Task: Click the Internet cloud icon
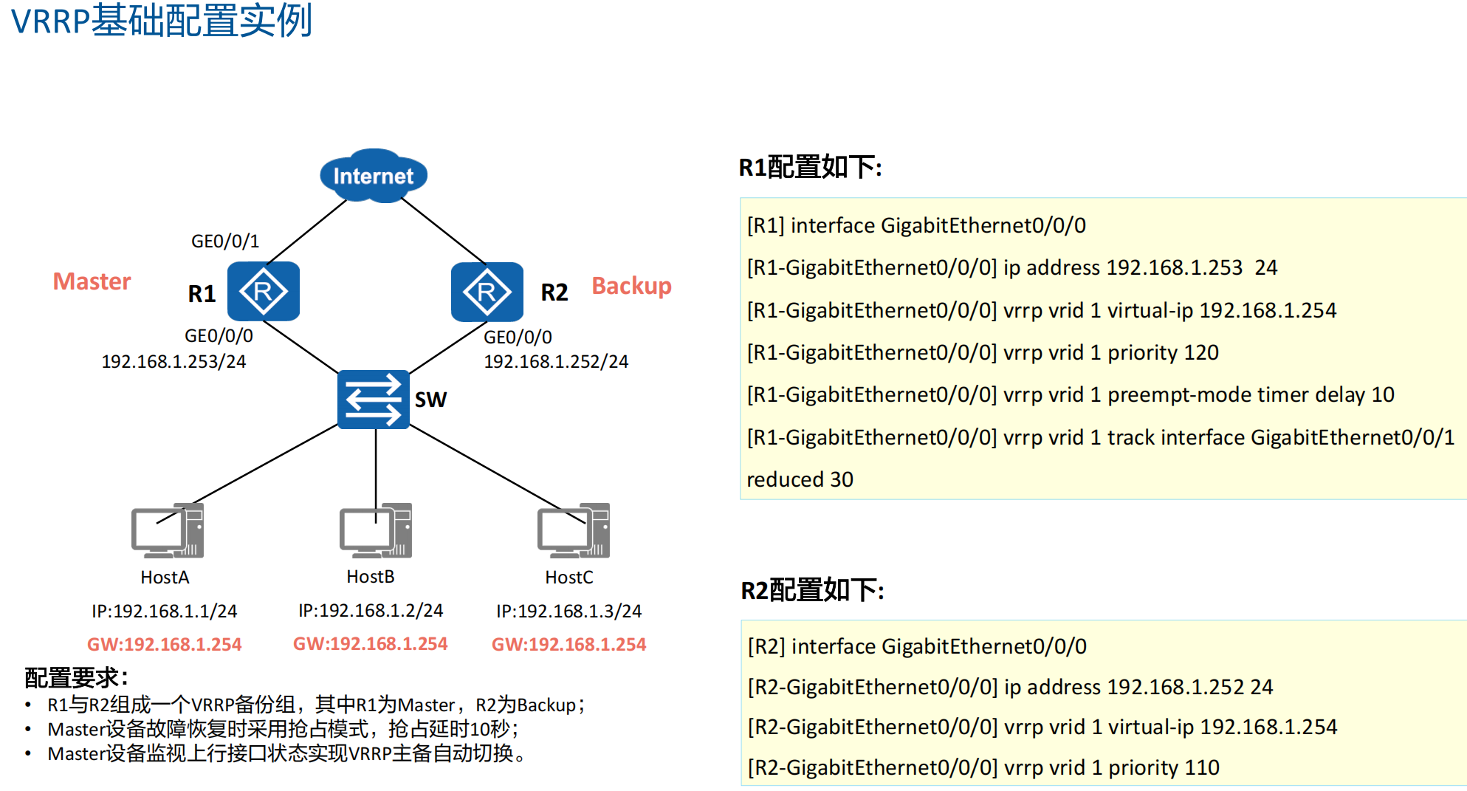[373, 175]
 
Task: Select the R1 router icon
[264, 292]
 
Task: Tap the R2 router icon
[487, 292]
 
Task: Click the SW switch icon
[374, 400]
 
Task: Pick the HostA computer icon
[168, 530]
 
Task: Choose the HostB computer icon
[376, 530]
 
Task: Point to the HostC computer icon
[574, 530]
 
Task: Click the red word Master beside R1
[92, 281]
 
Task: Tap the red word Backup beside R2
[631, 286]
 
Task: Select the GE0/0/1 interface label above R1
[225, 242]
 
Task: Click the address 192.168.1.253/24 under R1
[174, 361]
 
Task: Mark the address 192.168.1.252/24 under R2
[556, 361]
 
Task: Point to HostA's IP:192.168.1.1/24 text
[164, 612]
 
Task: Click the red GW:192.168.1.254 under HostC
[568, 645]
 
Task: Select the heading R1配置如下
[810, 168]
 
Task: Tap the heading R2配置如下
[812, 591]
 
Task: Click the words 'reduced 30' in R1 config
[800, 480]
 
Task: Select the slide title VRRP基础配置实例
[162, 21]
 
